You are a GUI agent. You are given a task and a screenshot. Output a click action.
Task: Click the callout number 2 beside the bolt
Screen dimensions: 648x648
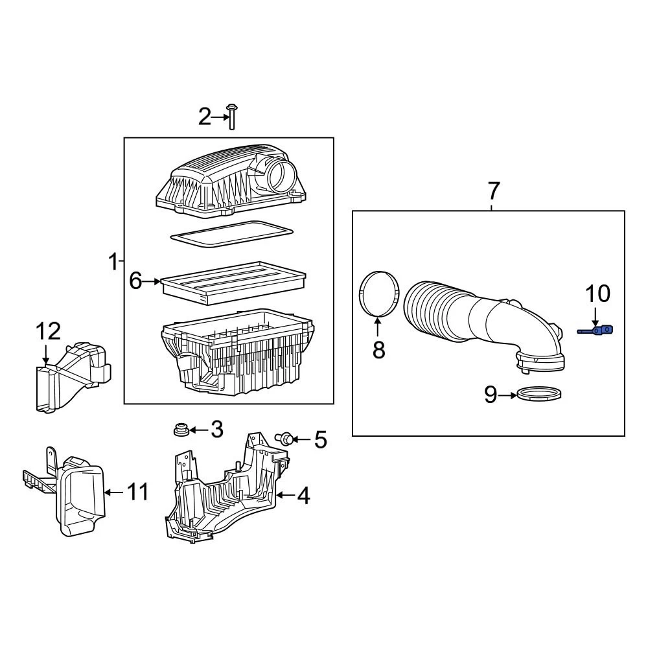(204, 117)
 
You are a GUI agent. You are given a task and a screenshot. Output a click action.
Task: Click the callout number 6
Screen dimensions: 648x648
(135, 281)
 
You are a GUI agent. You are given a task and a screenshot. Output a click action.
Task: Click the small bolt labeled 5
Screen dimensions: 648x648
(283, 439)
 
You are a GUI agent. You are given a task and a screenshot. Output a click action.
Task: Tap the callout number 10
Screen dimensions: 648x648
(597, 294)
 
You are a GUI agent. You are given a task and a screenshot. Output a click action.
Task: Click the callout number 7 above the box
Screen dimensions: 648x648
(493, 191)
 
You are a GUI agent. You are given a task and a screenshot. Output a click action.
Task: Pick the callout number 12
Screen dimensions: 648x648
(47, 332)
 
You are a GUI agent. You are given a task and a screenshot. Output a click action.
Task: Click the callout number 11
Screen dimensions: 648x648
(137, 492)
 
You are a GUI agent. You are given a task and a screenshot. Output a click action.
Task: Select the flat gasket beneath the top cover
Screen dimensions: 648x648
(230, 233)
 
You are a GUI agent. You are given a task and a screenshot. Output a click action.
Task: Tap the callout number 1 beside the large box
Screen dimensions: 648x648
(113, 262)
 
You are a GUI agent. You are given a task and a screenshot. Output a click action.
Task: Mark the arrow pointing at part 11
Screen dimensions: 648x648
(113, 492)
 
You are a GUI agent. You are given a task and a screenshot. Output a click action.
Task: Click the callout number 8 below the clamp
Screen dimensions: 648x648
(378, 350)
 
